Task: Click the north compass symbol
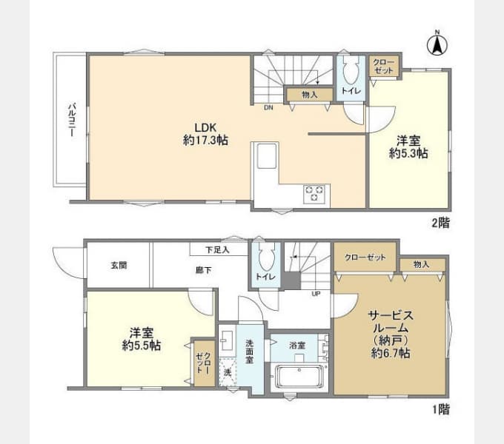click(437, 44)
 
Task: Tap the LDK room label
click(206, 127)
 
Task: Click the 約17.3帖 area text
click(206, 140)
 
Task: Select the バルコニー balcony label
click(72, 119)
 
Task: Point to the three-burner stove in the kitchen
click(316, 194)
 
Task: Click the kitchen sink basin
click(267, 155)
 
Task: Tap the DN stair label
click(268, 108)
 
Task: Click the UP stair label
click(316, 294)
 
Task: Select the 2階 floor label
click(440, 222)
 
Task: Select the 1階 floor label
click(440, 409)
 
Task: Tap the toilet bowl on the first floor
click(266, 258)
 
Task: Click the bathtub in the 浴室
click(299, 377)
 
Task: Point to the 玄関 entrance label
click(119, 266)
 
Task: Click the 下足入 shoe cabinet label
click(217, 250)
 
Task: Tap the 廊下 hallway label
click(204, 270)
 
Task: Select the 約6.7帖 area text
click(391, 353)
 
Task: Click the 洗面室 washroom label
click(250, 351)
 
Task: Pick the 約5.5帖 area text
click(142, 346)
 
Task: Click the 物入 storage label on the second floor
click(310, 95)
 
